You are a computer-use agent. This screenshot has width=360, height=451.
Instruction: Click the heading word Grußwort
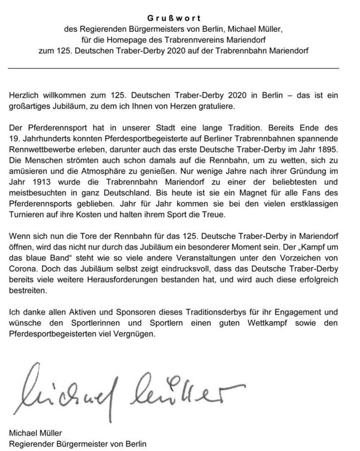tap(174, 18)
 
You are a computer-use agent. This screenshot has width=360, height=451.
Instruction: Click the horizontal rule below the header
tap(174, 68)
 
